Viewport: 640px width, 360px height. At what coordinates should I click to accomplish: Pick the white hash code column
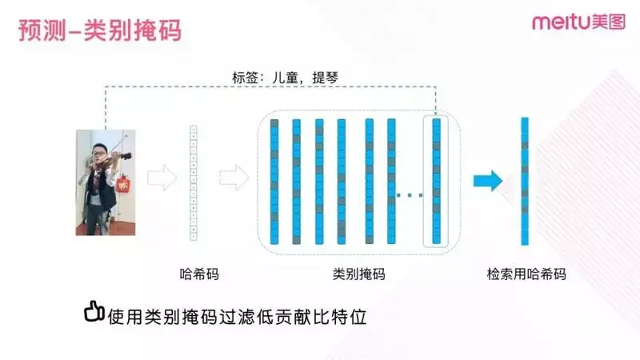coord(192,182)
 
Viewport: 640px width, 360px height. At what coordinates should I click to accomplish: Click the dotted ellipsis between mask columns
coord(410,194)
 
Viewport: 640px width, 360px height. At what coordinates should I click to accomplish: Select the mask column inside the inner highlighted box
coord(436,182)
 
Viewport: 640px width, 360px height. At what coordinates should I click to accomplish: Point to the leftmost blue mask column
coord(274,182)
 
